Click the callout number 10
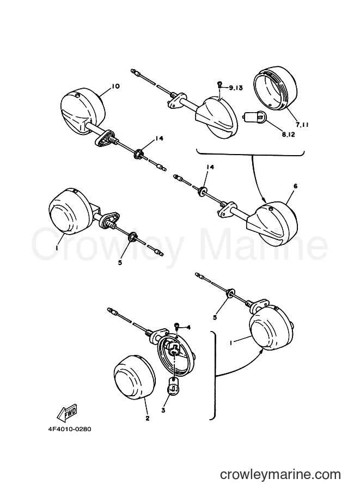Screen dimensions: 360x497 tap(115, 86)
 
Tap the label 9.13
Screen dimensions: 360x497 tap(235, 88)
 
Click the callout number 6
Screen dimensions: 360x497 tap(295, 186)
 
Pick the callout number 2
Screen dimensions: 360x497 tap(147, 419)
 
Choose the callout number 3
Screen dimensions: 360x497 tap(163, 410)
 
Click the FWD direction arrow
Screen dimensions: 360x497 tap(66, 412)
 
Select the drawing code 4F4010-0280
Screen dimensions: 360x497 tap(70, 429)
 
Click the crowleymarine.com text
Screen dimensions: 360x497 tap(280, 475)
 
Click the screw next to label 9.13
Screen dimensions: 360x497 tap(219, 85)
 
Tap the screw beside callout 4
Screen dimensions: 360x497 tap(177, 326)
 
